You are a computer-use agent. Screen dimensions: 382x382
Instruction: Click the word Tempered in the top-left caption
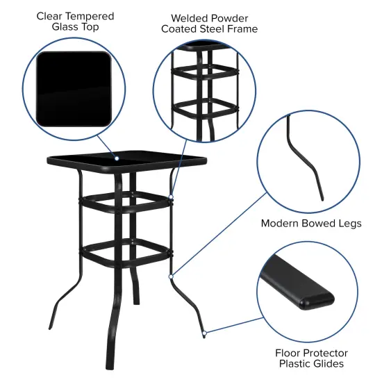92,15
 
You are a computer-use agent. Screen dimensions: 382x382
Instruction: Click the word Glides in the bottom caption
326,363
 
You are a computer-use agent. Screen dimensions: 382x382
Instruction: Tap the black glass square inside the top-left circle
74,88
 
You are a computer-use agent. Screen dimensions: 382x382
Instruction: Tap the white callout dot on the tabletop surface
117,158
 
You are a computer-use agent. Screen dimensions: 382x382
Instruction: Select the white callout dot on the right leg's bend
170,276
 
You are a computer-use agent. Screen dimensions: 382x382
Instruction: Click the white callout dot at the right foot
204,334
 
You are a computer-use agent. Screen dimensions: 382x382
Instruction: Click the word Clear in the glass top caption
53,15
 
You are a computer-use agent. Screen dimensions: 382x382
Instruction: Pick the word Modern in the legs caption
281,223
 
